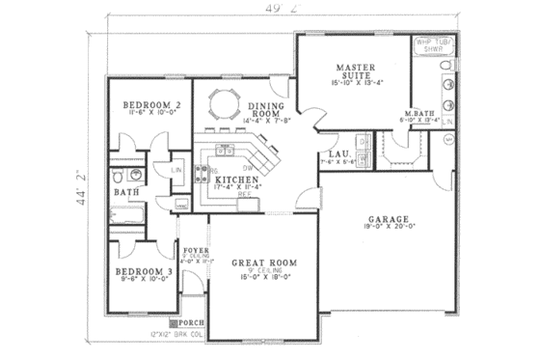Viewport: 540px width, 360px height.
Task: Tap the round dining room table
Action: tap(223, 102)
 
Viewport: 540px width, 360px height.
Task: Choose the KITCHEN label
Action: tap(234, 180)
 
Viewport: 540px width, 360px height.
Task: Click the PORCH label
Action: tap(192, 321)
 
